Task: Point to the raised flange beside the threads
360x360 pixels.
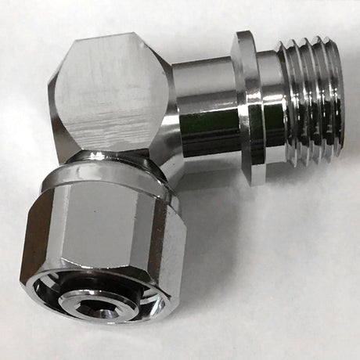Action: [x=250, y=106]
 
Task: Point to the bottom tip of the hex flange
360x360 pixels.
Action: [x=258, y=182]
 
